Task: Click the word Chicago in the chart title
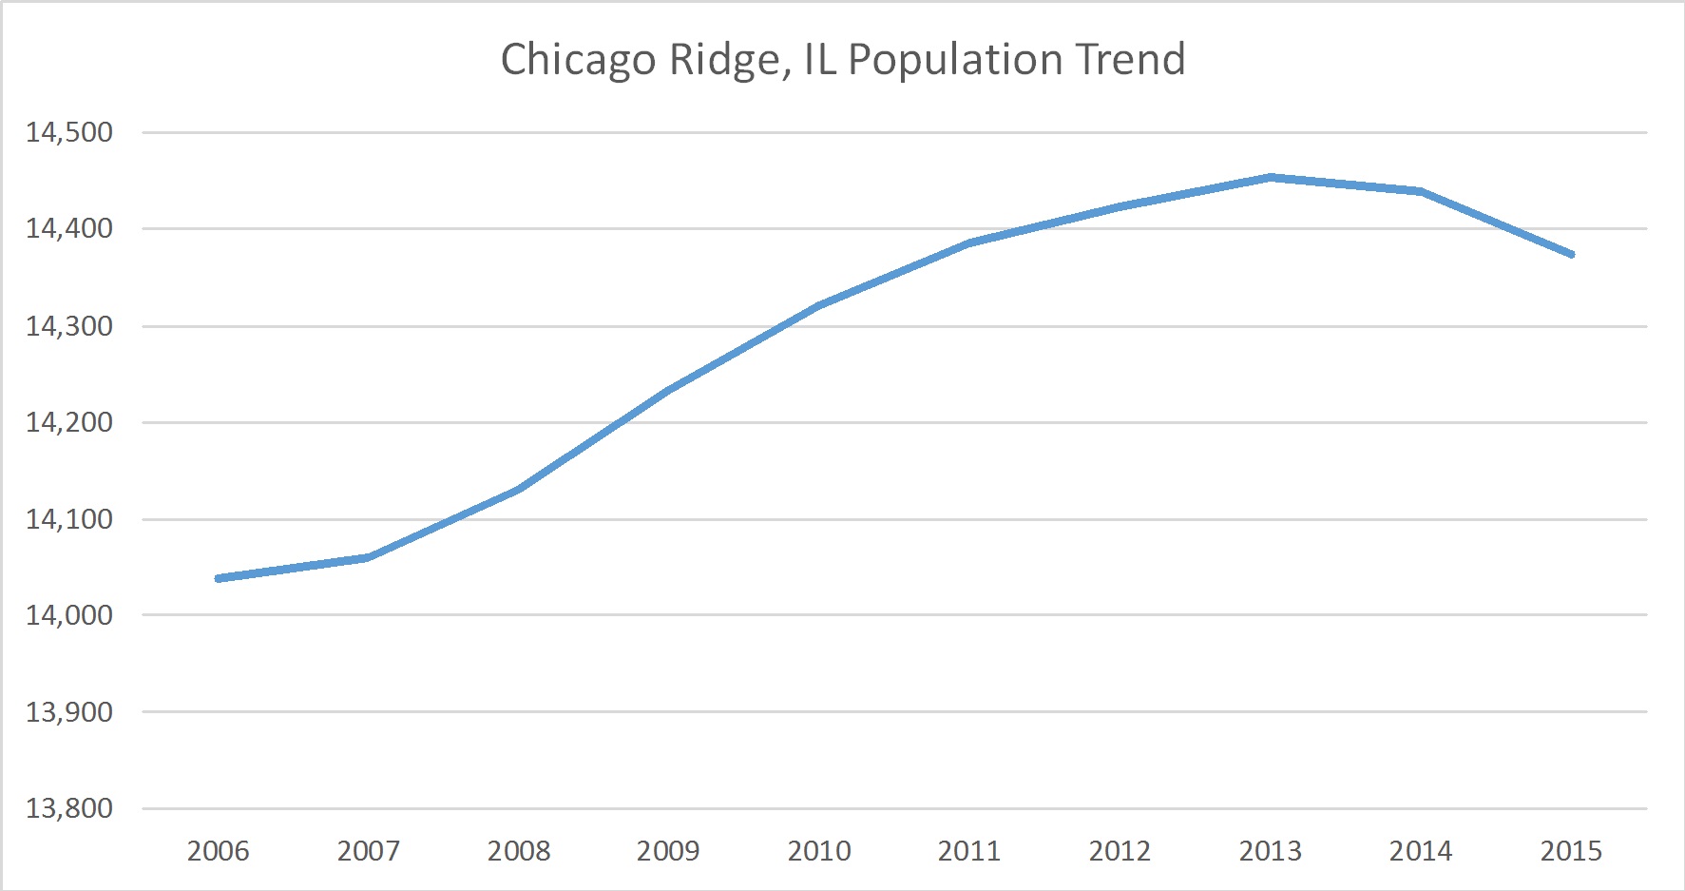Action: pyautogui.click(x=578, y=60)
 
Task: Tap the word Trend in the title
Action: pyautogui.click(x=1130, y=59)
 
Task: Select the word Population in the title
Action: pyautogui.click(x=954, y=60)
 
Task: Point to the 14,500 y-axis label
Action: pyautogui.click(x=69, y=132)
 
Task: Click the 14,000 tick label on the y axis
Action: pyautogui.click(x=69, y=615)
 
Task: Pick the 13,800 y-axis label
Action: pyautogui.click(x=69, y=808)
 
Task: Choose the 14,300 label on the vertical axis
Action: pyautogui.click(x=69, y=326)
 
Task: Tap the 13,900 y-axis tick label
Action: pyautogui.click(x=69, y=711)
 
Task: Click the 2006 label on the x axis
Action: pyautogui.click(x=218, y=850)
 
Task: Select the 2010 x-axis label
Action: pyautogui.click(x=819, y=850)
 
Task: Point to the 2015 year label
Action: pyautogui.click(x=1571, y=850)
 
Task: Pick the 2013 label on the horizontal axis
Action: pyautogui.click(x=1270, y=850)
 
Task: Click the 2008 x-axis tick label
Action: pyautogui.click(x=519, y=850)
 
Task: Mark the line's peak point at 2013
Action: pyautogui.click(x=1270, y=177)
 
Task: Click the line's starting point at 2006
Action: pyautogui.click(x=219, y=578)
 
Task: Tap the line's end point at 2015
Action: pyautogui.click(x=1572, y=255)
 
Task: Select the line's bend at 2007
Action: pyautogui.click(x=368, y=557)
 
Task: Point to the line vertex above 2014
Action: pyautogui.click(x=1421, y=191)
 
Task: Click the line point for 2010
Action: pyautogui.click(x=819, y=305)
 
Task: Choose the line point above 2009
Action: pyautogui.click(x=669, y=389)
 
